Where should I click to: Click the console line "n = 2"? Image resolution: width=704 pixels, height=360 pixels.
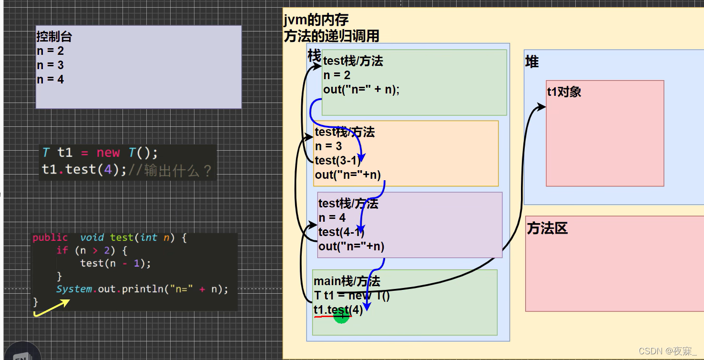pyautogui.click(x=50, y=51)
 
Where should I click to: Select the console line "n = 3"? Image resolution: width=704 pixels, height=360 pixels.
pyautogui.click(x=50, y=65)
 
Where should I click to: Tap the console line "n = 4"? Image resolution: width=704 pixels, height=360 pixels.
pyautogui.click(x=50, y=80)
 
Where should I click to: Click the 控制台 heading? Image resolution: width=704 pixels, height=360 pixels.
pyautogui.click(x=54, y=37)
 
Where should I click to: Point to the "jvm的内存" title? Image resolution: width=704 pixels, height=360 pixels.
pyautogui.click(x=316, y=20)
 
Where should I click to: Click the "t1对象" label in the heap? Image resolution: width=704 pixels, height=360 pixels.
pyautogui.click(x=564, y=92)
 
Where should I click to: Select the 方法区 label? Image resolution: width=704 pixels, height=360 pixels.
pyautogui.click(x=547, y=229)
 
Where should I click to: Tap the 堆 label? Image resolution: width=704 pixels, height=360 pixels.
pyautogui.click(x=532, y=62)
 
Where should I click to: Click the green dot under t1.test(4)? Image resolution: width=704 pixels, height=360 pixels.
pyautogui.click(x=341, y=315)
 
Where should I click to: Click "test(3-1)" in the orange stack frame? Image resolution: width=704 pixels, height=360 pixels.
pyautogui.click(x=337, y=161)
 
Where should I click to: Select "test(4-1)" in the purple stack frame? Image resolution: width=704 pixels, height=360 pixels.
pyautogui.click(x=341, y=232)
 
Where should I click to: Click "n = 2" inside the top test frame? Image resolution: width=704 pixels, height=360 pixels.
pyautogui.click(x=337, y=75)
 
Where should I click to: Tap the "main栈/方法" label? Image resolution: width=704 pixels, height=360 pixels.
pyautogui.click(x=347, y=281)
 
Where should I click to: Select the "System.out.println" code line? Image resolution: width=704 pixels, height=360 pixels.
pyautogui.click(x=142, y=289)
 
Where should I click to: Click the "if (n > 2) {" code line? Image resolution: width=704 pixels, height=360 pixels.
pyautogui.click(x=91, y=250)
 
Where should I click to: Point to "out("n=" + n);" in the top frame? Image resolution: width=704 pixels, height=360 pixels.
pyautogui.click(x=361, y=90)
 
